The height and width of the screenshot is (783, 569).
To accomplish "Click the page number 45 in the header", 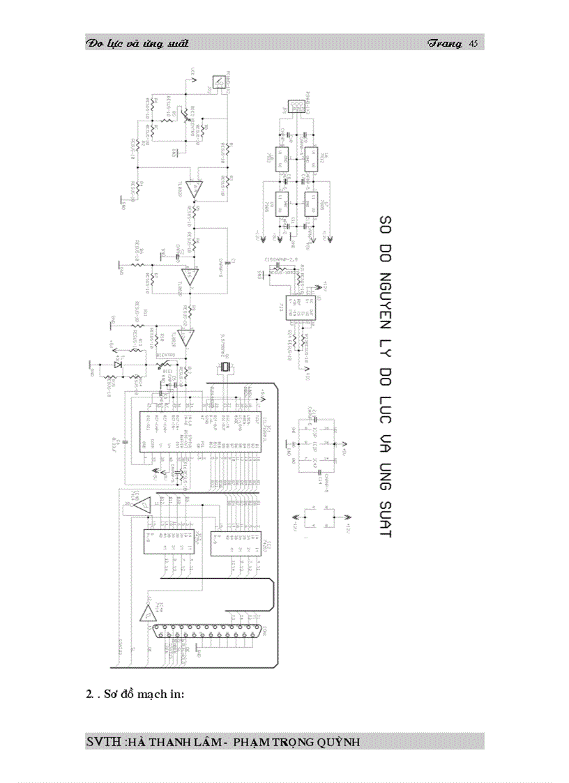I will point(473,44).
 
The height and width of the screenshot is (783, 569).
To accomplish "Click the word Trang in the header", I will point(445,44).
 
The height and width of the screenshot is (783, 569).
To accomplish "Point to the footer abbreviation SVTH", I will point(103,741).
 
